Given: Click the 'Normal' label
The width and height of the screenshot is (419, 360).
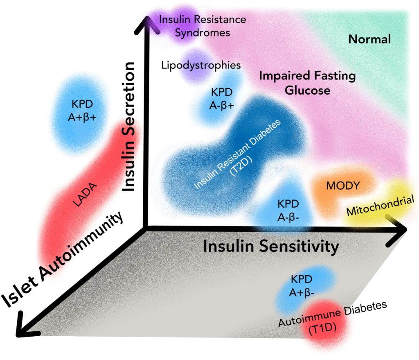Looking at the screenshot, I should pos(369,40).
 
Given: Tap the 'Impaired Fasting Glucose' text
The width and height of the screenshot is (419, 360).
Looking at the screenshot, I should pos(308,83).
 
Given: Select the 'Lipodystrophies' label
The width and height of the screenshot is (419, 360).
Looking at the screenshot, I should pos(200,65).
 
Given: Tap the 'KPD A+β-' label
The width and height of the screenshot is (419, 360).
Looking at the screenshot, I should pos(302,286).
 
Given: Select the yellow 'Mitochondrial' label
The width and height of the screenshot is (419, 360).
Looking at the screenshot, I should pos(378,206).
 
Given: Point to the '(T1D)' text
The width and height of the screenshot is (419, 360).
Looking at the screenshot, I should pos(322,331).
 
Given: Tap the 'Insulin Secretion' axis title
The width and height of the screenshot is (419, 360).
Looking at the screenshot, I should pos(130,127).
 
